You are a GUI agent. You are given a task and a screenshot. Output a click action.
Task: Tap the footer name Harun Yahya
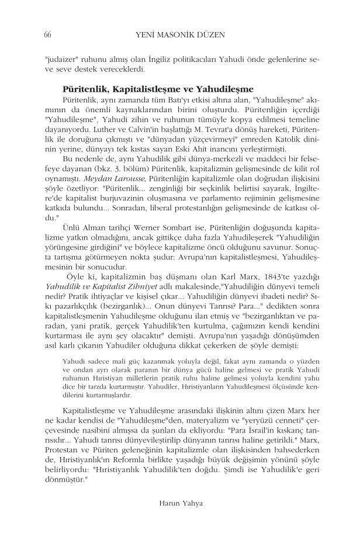click(x=179, y=501)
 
